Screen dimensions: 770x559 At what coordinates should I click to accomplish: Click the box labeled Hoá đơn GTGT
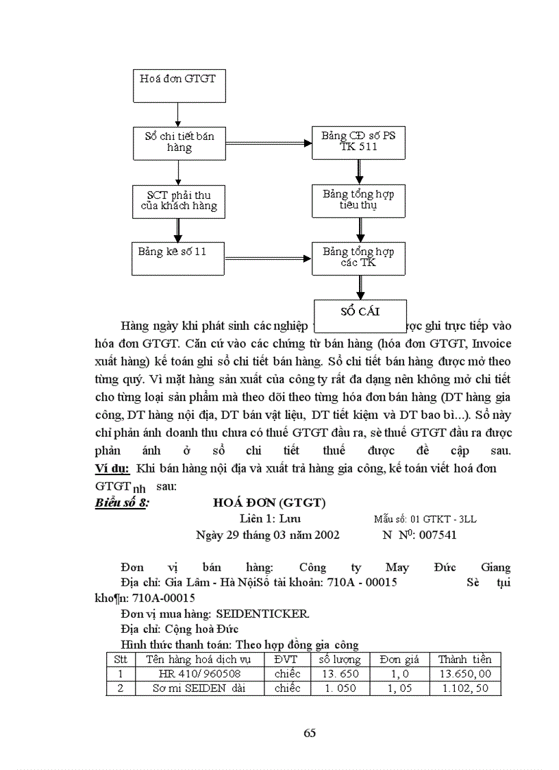(177, 85)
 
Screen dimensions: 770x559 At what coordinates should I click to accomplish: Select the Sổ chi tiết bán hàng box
(177, 143)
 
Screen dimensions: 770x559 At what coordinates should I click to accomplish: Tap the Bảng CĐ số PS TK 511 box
(358, 143)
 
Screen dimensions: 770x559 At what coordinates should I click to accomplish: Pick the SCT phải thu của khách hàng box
(177, 201)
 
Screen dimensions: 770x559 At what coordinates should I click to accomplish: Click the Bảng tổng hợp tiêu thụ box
(358, 200)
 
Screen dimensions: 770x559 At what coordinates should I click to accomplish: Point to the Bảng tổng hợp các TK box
(358, 258)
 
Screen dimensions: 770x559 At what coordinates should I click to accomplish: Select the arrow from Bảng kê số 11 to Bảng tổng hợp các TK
(268, 258)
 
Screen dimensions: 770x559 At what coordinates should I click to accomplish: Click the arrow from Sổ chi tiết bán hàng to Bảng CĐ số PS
(268, 143)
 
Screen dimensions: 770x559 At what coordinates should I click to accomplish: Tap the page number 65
(310, 733)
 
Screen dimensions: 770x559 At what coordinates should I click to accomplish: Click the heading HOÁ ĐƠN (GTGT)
(270, 503)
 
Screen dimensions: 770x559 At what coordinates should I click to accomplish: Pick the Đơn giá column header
(399, 659)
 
